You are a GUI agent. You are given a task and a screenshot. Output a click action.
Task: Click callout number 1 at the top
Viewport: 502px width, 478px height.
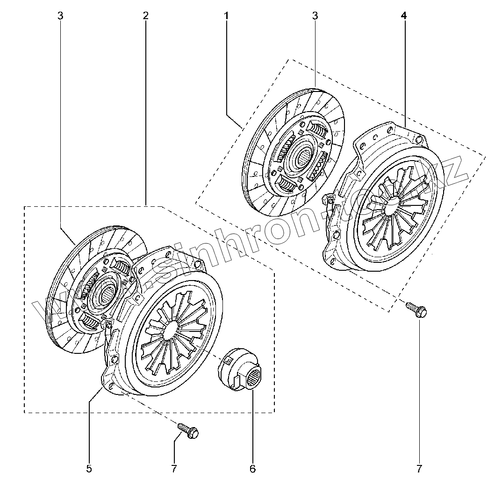pos(226,15)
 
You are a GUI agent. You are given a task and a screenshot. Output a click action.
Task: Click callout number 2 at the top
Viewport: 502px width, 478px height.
pos(146,15)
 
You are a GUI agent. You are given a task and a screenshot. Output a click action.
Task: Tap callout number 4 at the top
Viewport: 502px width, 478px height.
pos(404,15)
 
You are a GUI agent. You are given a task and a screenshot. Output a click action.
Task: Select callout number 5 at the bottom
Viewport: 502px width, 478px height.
pos(89,468)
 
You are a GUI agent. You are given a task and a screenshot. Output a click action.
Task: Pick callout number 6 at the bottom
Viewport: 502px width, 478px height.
pos(253,468)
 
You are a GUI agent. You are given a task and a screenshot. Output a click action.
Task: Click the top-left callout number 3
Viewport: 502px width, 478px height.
pos(60,15)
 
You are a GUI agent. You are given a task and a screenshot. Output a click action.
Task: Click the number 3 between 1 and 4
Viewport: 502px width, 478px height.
pos(315,15)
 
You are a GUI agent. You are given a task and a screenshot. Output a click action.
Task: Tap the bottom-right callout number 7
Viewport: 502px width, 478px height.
pos(419,468)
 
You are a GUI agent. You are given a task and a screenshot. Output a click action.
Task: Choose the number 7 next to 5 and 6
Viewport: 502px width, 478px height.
pos(174,468)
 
